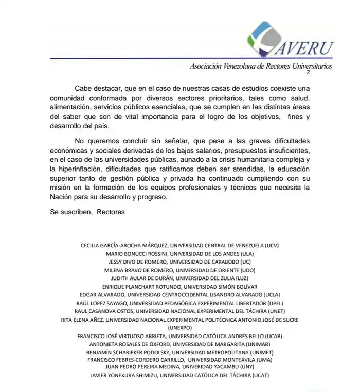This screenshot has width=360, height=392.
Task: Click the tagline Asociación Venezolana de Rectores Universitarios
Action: (x=261, y=66)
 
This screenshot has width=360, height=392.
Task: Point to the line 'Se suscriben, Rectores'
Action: (x=87, y=212)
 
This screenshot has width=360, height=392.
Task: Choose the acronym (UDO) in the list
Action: (x=247, y=270)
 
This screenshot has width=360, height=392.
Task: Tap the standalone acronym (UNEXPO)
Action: (x=180, y=327)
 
